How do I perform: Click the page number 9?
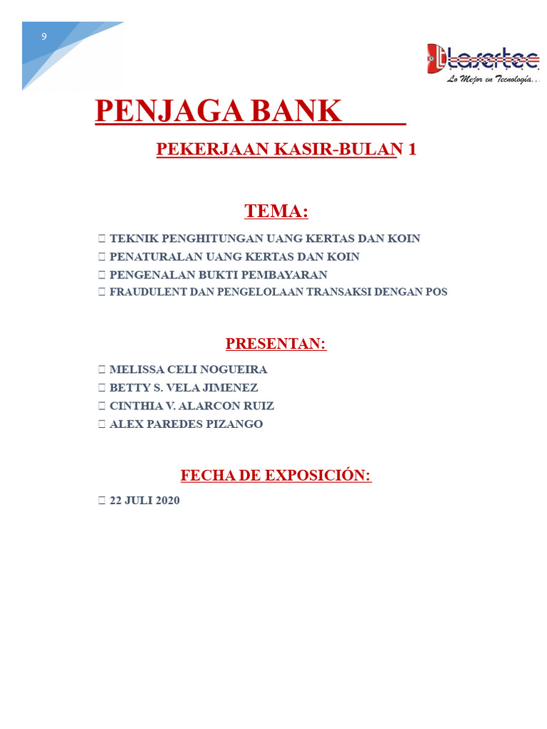pos(44,36)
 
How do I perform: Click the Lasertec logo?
pos(483,58)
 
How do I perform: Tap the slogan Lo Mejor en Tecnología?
pos(494,80)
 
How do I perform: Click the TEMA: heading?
pos(276,211)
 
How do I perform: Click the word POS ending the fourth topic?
pos(436,292)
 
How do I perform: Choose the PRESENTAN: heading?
pos(276,344)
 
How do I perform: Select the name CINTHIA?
pos(133,406)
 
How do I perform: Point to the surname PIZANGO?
pos(236,424)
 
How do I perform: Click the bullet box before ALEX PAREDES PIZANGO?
pos(103,424)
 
